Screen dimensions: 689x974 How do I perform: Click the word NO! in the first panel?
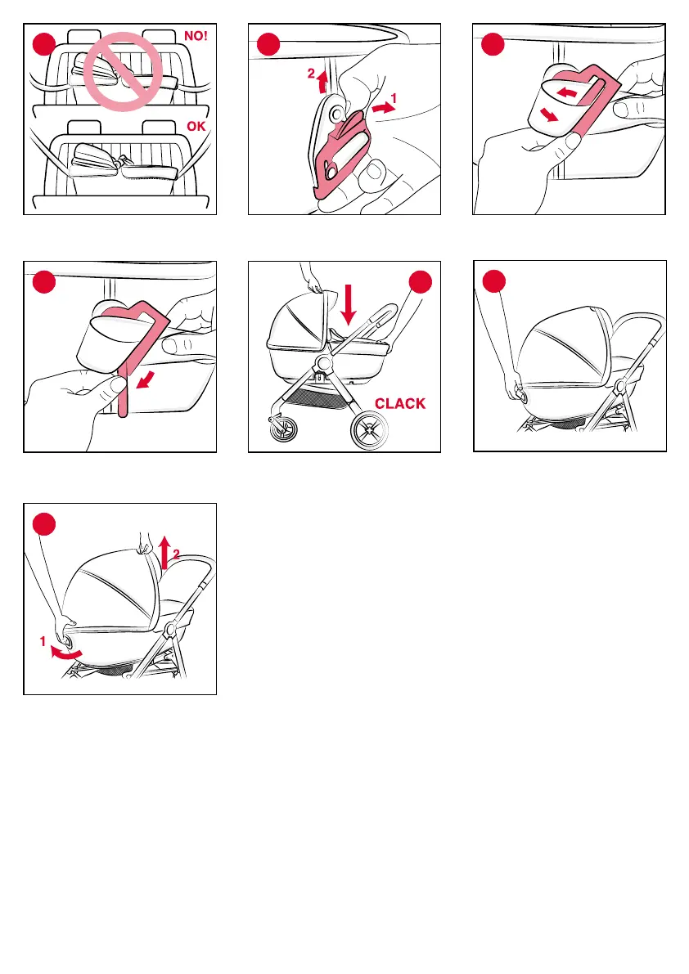coord(196,36)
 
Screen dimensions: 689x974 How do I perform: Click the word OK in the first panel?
coord(196,126)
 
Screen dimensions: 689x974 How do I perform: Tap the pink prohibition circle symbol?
coord(123,72)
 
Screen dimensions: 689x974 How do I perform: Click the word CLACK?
coord(400,404)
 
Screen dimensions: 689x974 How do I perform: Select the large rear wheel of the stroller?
coord(369,429)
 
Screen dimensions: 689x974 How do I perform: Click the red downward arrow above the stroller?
coord(349,304)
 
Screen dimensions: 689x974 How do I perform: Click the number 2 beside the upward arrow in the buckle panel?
coord(311,74)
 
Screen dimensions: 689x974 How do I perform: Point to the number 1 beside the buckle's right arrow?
coord(394,98)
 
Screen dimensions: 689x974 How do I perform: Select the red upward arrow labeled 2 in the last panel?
coord(164,553)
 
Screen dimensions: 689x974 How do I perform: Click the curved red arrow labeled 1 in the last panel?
coord(65,653)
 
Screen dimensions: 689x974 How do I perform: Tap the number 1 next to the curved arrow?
coord(43,641)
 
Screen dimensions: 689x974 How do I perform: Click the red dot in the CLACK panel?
coord(421,281)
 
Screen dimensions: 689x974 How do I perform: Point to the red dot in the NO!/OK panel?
coord(44,43)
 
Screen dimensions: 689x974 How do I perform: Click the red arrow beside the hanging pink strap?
coord(146,379)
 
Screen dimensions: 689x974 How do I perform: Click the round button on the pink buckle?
coord(337,113)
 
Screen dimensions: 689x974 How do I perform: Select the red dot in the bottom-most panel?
coord(44,523)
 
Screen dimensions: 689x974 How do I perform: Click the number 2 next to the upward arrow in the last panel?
coord(177,554)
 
